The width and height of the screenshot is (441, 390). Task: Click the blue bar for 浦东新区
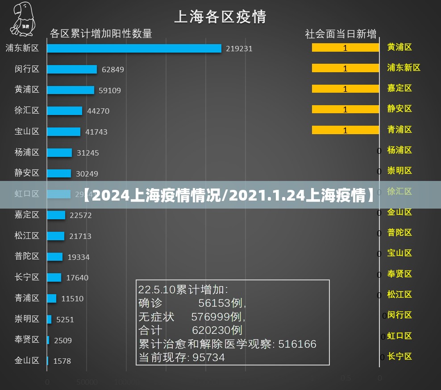pyautogui.click(x=134, y=48)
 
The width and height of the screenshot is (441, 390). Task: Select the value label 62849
pyautogui.click(x=113, y=70)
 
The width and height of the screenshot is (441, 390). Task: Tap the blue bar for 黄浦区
pyautogui.click(x=71, y=90)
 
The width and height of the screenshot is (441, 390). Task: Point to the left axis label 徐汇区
pyautogui.click(x=27, y=111)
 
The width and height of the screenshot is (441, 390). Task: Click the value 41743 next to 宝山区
pyautogui.click(x=96, y=132)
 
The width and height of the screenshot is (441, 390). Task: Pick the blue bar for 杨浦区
pyautogui.click(x=59, y=152)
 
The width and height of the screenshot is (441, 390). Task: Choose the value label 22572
pyautogui.click(x=81, y=215)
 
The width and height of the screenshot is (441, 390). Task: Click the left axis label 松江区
pyautogui.click(x=27, y=236)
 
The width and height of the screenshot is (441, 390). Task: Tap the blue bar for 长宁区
pyautogui.click(x=54, y=277)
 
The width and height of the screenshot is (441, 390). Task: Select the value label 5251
pyautogui.click(x=65, y=320)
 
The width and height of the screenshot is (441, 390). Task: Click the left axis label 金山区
pyautogui.click(x=27, y=360)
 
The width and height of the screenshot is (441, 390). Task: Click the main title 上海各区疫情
pyautogui.click(x=220, y=17)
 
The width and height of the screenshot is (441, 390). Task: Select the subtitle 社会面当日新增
pyautogui.click(x=341, y=34)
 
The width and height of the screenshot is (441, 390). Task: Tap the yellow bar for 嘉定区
pyautogui.click(x=345, y=89)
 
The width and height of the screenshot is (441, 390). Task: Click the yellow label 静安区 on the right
pyautogui.click(x=399, y=109)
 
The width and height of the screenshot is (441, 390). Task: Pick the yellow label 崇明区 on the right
pyautogui.click(x=399, y=171)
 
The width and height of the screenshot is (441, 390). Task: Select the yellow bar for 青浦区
pyautogui.click(x=345, y=130)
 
